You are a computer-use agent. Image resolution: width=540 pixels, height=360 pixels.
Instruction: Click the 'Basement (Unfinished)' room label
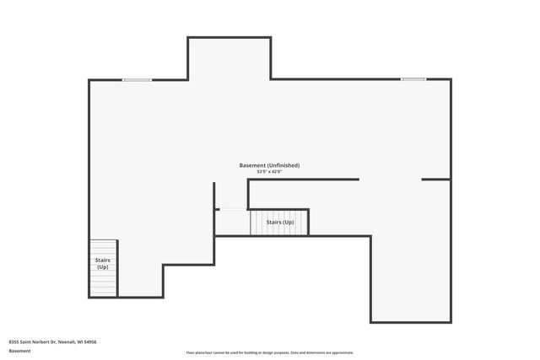[x=269, y=165]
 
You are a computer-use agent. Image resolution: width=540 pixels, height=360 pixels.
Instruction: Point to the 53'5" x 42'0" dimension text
[x=269, y=172]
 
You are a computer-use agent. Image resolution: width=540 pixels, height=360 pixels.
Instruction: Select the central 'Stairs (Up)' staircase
[x=279, y=222]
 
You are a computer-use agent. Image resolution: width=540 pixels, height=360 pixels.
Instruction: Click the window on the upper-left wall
[x=137, y=80]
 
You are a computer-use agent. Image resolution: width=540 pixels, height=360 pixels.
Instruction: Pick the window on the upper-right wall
[x=413, y=80]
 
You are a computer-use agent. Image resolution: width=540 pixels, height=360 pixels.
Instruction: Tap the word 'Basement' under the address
[x=19, y=350]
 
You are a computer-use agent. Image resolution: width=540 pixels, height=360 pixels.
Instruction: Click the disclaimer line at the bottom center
[x=269, y=352]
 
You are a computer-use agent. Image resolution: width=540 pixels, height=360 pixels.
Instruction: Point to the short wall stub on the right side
[x=435, y=180]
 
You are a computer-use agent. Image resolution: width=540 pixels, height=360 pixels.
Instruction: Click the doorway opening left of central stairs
[x=231, y=210]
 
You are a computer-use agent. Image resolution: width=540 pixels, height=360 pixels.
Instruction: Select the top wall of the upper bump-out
[x=229, y=37]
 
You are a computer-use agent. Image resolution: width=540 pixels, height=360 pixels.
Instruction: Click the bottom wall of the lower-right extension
[x=410, y=321]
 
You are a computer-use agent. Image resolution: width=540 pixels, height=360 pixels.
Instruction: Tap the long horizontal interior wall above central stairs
[x=303, y=180]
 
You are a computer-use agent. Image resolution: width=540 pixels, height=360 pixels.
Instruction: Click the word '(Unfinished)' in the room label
[x=283, y=165]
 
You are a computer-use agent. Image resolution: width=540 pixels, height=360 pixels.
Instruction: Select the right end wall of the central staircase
[x=309, y=222]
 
